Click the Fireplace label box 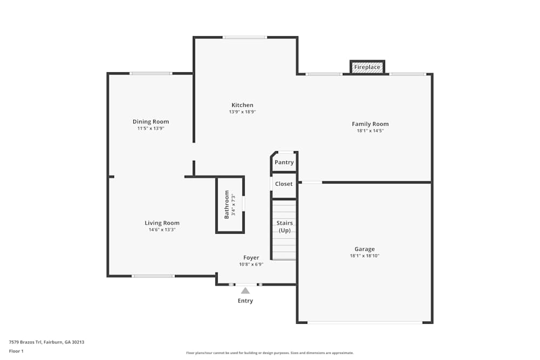click(367, 67)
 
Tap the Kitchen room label click(242, 105)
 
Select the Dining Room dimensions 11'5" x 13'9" click(151, 128)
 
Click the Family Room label click(370, 124)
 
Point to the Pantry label click(284, 162)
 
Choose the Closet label click(283, 184)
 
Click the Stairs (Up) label click(285, 226)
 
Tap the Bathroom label click(227, 204)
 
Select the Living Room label click(162, 223)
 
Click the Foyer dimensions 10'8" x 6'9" click(251, 264)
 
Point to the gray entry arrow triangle click(245, 290)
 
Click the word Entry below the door click(245, 301)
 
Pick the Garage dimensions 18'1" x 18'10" click(364, 256)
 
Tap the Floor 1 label click(16, 351)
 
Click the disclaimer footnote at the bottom click(270, 353)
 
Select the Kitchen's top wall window click(245, 37)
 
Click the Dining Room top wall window click(151, 73)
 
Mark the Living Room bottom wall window click(153, 276)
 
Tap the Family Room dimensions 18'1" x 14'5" click(370, 131)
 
